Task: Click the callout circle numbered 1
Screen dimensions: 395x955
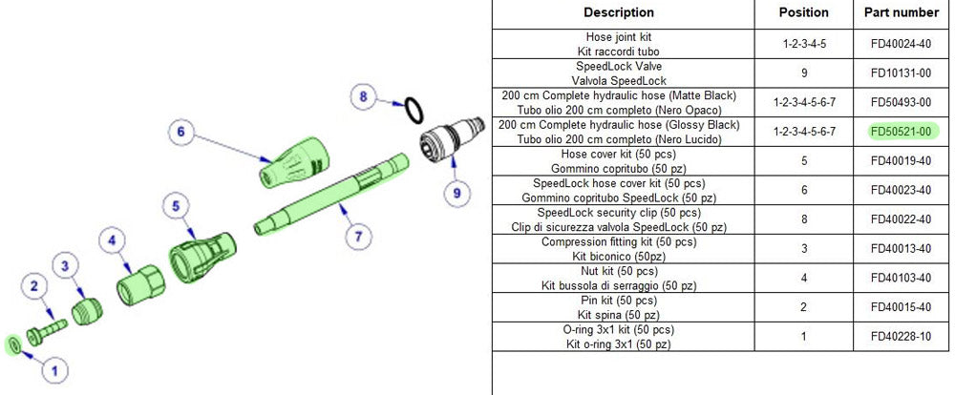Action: [54, 369]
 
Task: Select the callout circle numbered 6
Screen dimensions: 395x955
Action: [181, 133]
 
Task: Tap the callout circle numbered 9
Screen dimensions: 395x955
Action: [456, 193]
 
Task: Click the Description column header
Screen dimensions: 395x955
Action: [618, 12]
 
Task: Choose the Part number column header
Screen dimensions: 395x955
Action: [902, 12]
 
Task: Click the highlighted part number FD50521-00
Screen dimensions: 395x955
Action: [902, 132]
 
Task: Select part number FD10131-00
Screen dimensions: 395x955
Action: [902, 73]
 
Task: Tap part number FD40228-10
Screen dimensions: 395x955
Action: [902, 336]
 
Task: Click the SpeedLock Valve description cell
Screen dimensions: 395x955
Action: [618, 73]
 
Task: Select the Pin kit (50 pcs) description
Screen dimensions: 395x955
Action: [618, 307]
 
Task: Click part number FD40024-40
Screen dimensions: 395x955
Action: [902, 44]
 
